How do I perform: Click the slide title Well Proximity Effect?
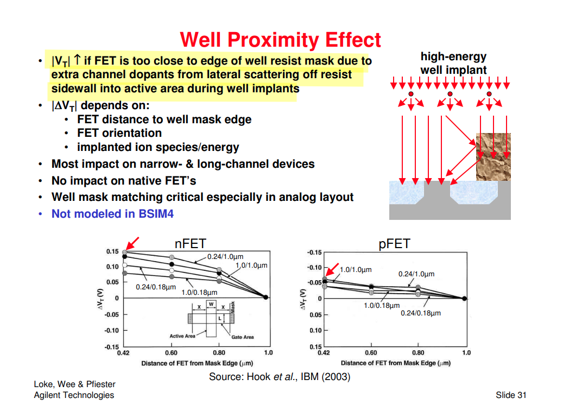(x=280, y=40)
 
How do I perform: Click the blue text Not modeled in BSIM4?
(x=112, y=214)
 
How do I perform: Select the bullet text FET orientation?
(x=119, y=133)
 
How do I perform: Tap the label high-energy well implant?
(x=453, y=63)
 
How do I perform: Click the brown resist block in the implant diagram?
(x=493, y=157)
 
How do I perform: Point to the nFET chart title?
(x=190, y=244)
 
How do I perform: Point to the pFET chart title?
(x=394, y=244)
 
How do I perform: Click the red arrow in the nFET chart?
(x=132, y=243)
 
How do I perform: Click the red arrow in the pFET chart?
(x=331, y=269)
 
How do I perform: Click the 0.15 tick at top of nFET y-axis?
(x=112, y=251)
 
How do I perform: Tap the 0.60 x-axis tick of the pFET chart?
(x=371, y=352)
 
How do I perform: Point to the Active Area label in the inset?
(x=182, y=336)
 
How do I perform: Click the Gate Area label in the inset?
(x=242, y=337)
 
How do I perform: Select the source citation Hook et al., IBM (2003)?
(x=280, y=376)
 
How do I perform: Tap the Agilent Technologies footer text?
(x=74, y=395)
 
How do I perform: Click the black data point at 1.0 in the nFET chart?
(x=265, y=297)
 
